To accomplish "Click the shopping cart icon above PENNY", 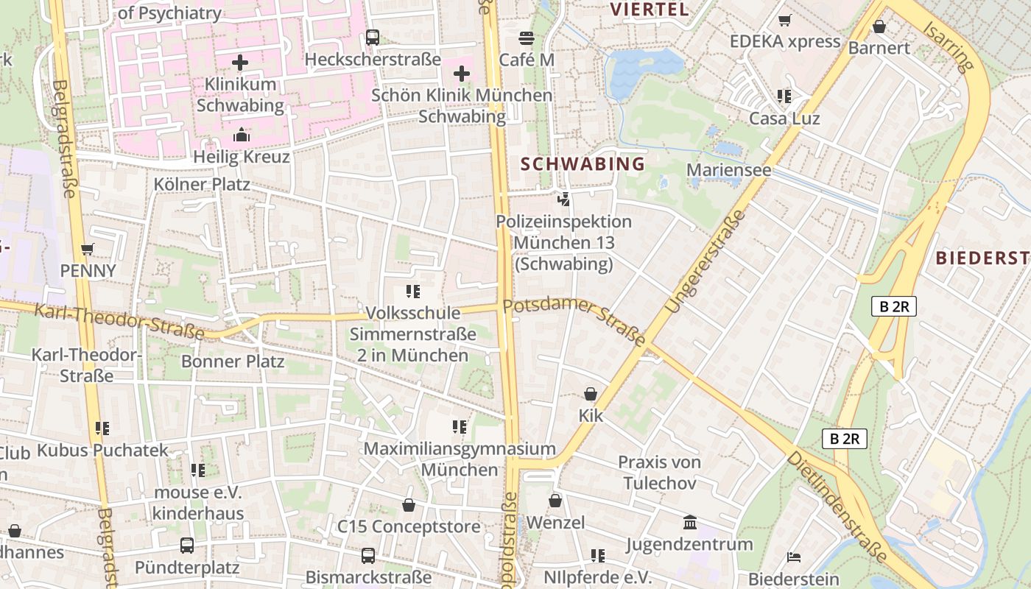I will [x=88, y=249].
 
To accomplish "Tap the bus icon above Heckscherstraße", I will [x=373, y=38].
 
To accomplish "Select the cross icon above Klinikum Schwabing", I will [x=240, y=63].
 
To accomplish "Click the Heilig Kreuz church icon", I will [x=241, y=135].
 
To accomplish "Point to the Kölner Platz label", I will [x=202, y=184].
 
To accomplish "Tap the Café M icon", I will [x=526, y=38].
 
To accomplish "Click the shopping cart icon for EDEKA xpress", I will [x=785, y=21].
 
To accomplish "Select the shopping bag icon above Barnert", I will [x=879, y=27].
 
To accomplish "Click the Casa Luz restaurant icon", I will [x=784, y=96].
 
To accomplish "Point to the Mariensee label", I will [x=728, y=170].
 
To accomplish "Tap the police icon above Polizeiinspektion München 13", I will [x=563, y=199].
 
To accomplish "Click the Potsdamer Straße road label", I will [x=574, y=321].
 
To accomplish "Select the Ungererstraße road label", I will [x=705, y=261].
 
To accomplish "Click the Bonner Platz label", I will [x=233, y=361].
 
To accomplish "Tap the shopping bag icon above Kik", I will [x=591, y=394].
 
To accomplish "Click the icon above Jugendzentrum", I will [x=690, y=523].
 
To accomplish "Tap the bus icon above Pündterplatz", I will [x=187, y=546].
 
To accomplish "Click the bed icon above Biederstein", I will [x=794, y=557].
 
